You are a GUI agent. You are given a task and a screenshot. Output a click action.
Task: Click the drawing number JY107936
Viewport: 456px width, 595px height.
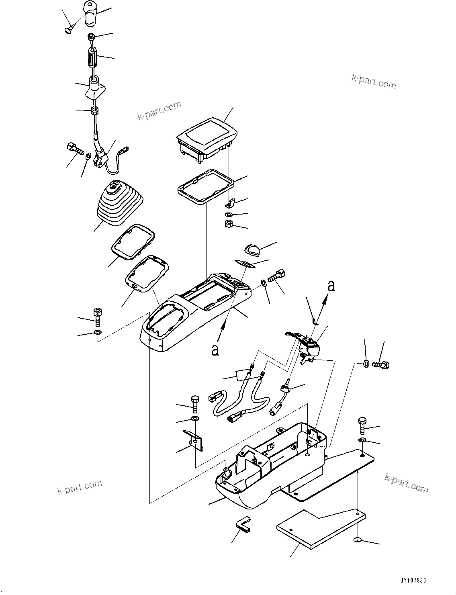click(x=413, y=581)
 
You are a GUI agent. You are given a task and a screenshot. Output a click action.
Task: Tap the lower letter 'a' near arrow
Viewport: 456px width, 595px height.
click(x=215, y=350)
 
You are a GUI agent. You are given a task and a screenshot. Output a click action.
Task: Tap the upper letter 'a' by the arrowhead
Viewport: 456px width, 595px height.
click(x=331, y=286)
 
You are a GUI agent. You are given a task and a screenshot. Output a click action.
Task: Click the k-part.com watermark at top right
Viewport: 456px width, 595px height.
click(x=374, y=82)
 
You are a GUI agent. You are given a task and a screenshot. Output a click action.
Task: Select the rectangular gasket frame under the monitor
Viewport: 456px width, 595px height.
click(x=205, y=187)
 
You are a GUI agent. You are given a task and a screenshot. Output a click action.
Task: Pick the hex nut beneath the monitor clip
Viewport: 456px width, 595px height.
click(x=229, y=223)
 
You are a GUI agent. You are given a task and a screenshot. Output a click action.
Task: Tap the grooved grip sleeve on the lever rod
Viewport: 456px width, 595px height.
click(x=93, y=59)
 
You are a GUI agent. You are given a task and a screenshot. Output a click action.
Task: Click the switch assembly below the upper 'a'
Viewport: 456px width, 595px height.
click(x=309, y=346)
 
